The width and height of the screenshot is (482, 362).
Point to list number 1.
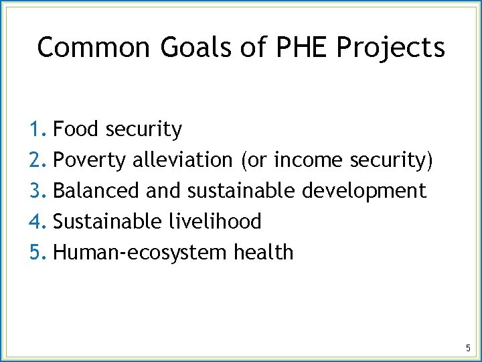click(37, 129)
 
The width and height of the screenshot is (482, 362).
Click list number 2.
click(37, 160)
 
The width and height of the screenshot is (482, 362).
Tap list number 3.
click(37, 191)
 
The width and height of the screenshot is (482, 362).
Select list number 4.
click(37, 222)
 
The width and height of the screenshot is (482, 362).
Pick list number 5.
click(37, 253)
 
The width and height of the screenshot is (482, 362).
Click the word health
click(264, 253)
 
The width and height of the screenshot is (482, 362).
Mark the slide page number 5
click(468, 348)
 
